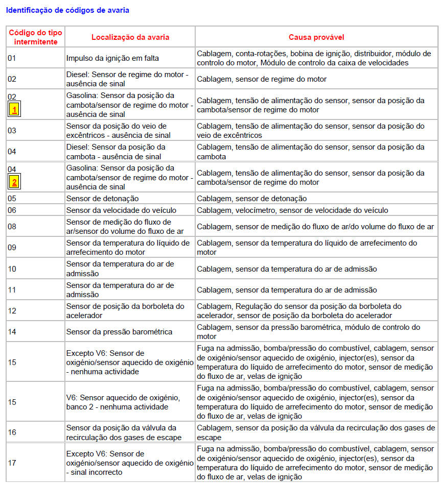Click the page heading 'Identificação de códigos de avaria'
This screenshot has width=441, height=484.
(67, 10)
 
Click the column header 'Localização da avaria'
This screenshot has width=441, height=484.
(130, 37)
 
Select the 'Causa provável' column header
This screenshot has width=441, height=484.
(316, 37)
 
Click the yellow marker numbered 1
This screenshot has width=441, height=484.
(14, 109)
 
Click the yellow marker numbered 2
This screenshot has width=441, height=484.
(14, 182)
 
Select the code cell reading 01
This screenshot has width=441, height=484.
(12, 58)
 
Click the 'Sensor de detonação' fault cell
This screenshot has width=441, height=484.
(102, 198)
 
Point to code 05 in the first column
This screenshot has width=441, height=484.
(12, 198)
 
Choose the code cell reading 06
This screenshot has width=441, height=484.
(12, 210)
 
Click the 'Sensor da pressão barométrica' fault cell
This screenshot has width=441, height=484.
(119, 332)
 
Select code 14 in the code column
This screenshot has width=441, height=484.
(12, 332)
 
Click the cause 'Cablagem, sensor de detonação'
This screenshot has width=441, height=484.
(252, 198)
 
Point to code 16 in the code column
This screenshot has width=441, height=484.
(12, 432)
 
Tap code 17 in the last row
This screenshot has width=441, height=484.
(12, 463)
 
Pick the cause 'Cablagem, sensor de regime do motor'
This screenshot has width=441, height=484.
(262, 79)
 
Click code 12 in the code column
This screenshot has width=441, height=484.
(12, 311)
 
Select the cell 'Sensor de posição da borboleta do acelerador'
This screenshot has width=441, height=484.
(125, 311)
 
